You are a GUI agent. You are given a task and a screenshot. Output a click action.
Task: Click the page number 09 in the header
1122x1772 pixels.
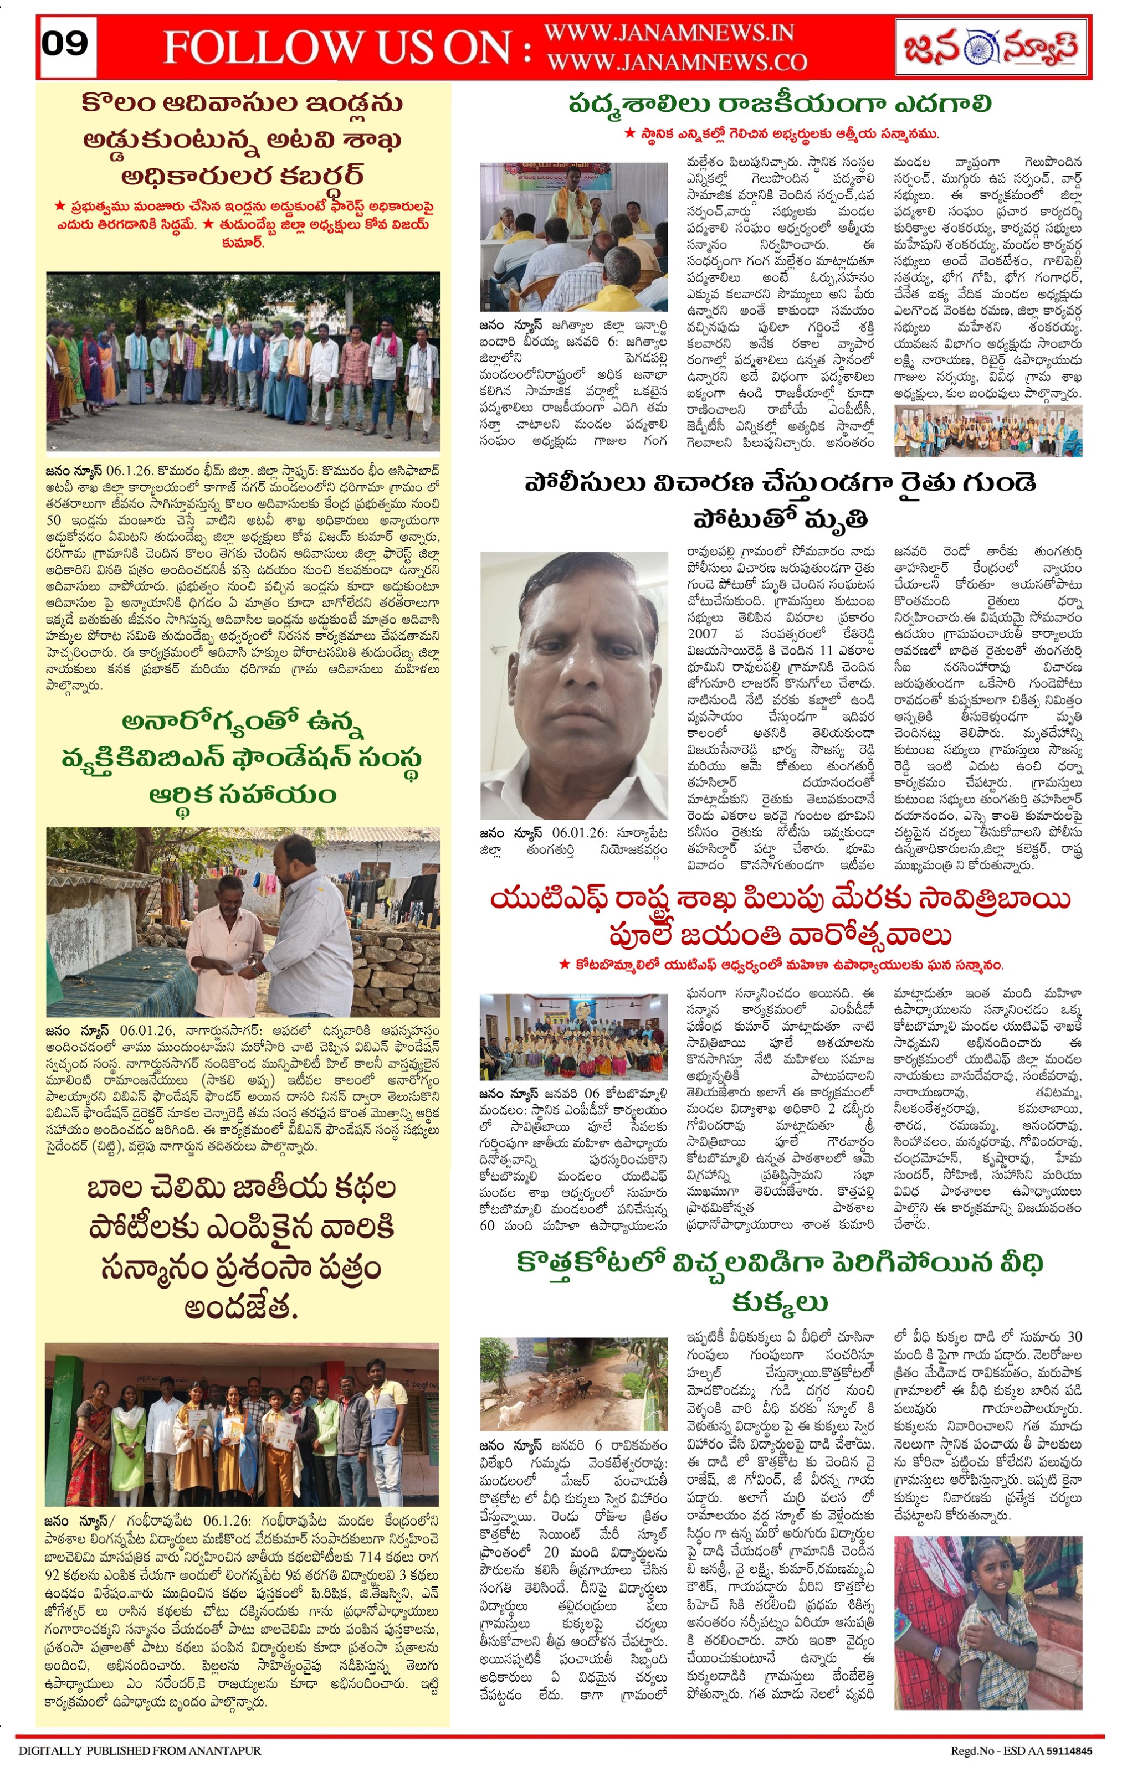(65, 44)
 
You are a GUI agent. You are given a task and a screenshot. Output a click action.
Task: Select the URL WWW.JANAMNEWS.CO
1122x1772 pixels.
(677, 62)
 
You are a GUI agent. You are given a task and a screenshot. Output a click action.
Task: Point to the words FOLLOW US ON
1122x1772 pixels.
(347, 47)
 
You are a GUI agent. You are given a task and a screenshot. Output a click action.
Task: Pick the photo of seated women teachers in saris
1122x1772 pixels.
(573, 1036)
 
